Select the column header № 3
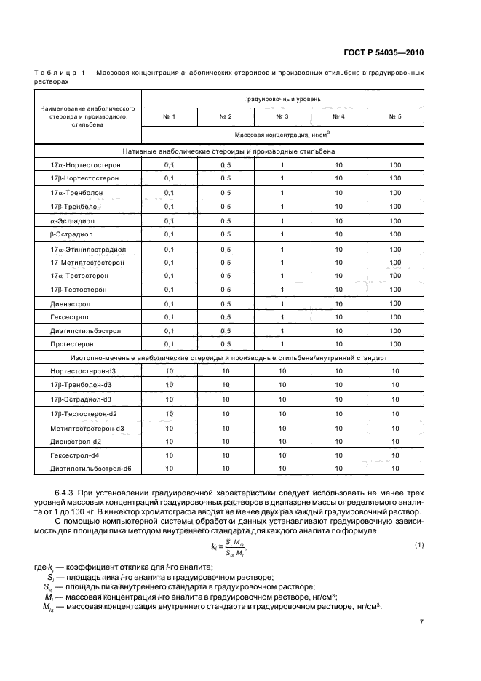click(x=282, y=116)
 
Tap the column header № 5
click(x=395, y=116)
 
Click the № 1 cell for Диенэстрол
click(x=170, y=303)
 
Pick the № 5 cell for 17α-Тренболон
click(x=395, y=193)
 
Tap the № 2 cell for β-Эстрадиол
click(x=226, y=234)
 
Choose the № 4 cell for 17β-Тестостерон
click(x=339, y=290)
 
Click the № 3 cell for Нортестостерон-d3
click(x=282, y=372)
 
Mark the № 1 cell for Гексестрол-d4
click(x=170, y=455)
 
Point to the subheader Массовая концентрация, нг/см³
click(x=282, y=135)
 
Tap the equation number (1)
click(x=419, y=546)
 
